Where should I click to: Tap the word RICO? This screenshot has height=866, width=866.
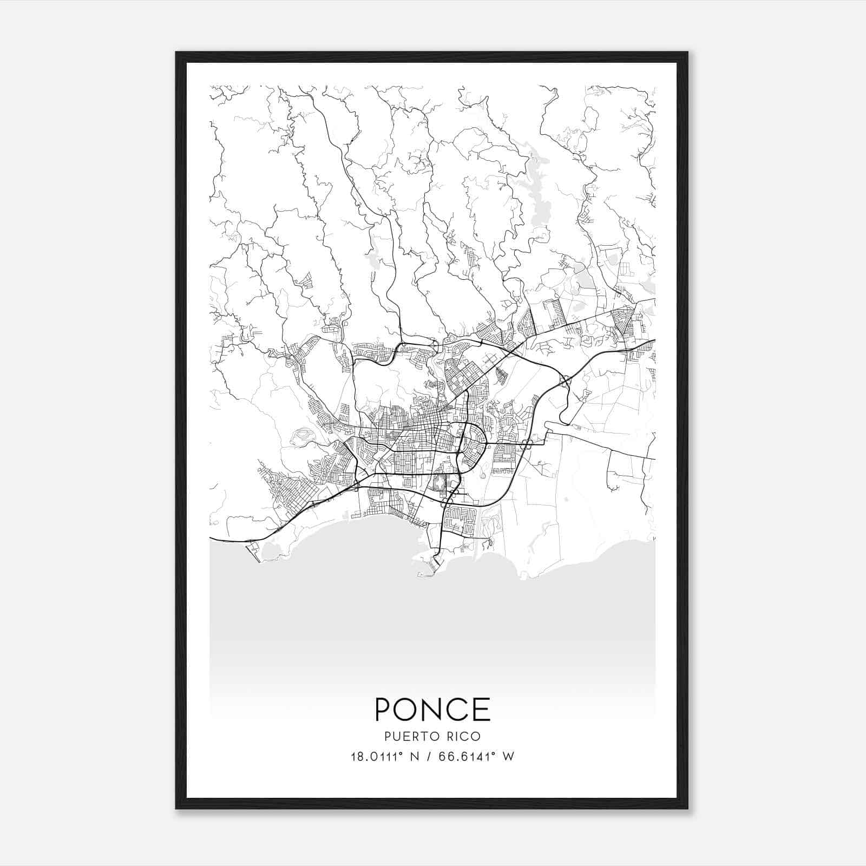[462, 737]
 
